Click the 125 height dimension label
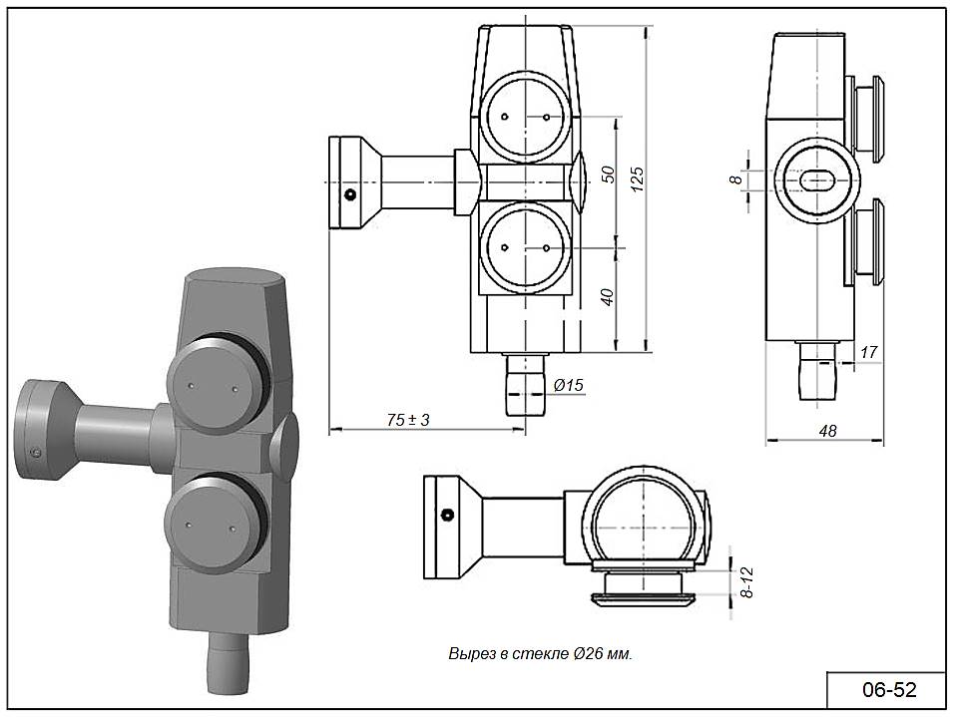pyautogui.click(x=637, y=179)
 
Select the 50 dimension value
pyautogui.click(x=608, y=175)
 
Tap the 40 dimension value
pyautogui.click(x=608, y=297)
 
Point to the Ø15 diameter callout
pyautogui.click(x=568, y=385)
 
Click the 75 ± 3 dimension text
pyautogui.click(x=408, y=420)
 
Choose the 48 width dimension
pyautogui.click(x=827, y=431)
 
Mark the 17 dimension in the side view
pyautogui.click(x=869, y=352)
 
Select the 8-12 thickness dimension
pyautogui.click(x=747, y=582)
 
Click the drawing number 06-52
pyautogui.click(x=888, y=690)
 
